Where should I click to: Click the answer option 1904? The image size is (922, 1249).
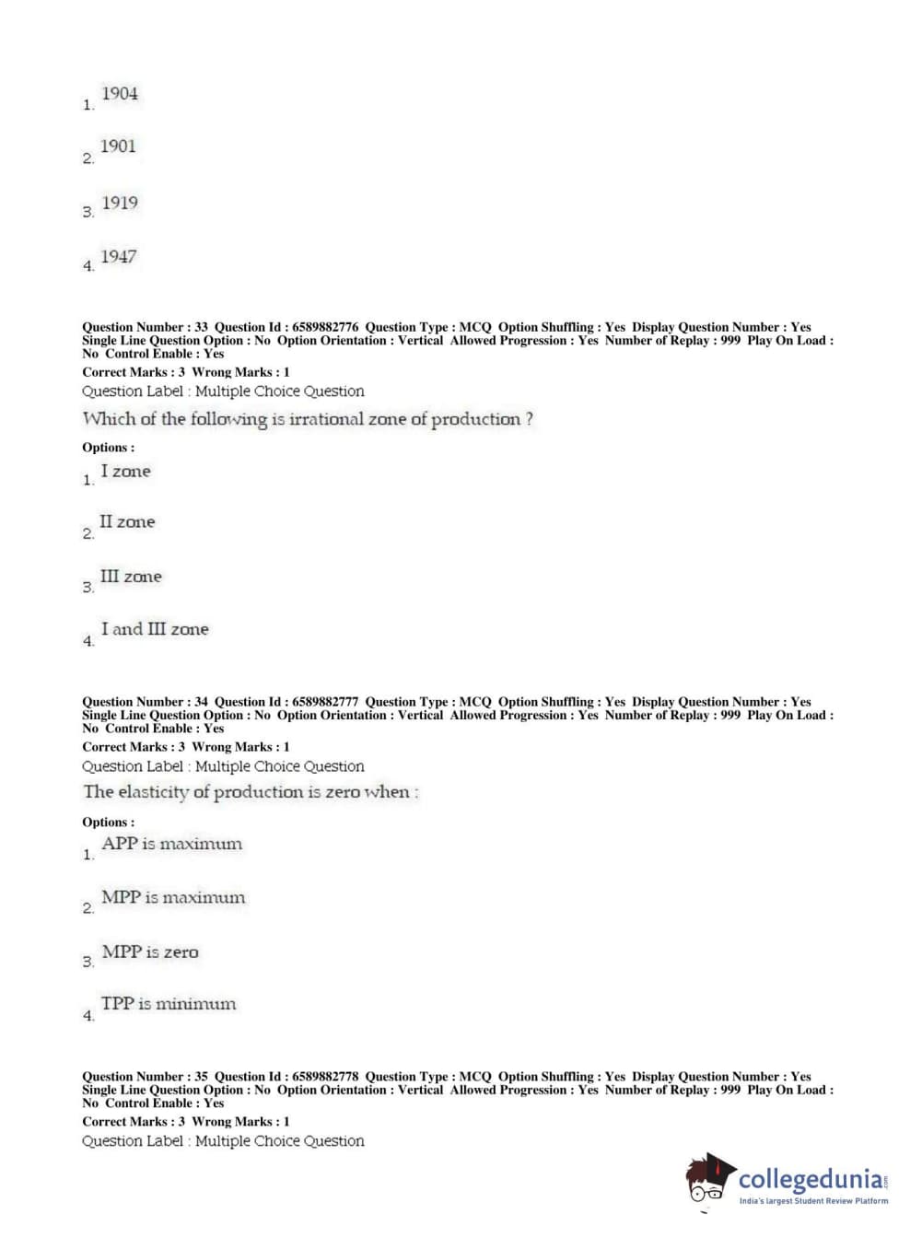point(120,94)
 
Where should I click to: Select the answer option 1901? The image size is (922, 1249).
point(118,146)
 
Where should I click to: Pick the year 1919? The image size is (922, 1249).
point(120,203)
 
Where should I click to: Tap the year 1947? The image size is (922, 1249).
point(119,257)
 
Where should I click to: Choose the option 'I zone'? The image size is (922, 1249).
point(125,472)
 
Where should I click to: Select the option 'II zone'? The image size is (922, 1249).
point(127,522)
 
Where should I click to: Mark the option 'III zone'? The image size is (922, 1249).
point(131,577)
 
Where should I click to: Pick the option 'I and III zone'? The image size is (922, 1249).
point(155,630)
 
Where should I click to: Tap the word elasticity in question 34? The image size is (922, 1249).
point(153,792)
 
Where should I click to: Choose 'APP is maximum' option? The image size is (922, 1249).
point(171,844)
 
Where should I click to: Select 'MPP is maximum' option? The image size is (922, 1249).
point(173,897)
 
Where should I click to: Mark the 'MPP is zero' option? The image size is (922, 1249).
point(150,952)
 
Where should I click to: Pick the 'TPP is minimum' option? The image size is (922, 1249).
point(169,1004)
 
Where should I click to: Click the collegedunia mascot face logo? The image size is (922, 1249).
point(710,1179)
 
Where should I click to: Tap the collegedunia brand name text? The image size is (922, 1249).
point(810,1179)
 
